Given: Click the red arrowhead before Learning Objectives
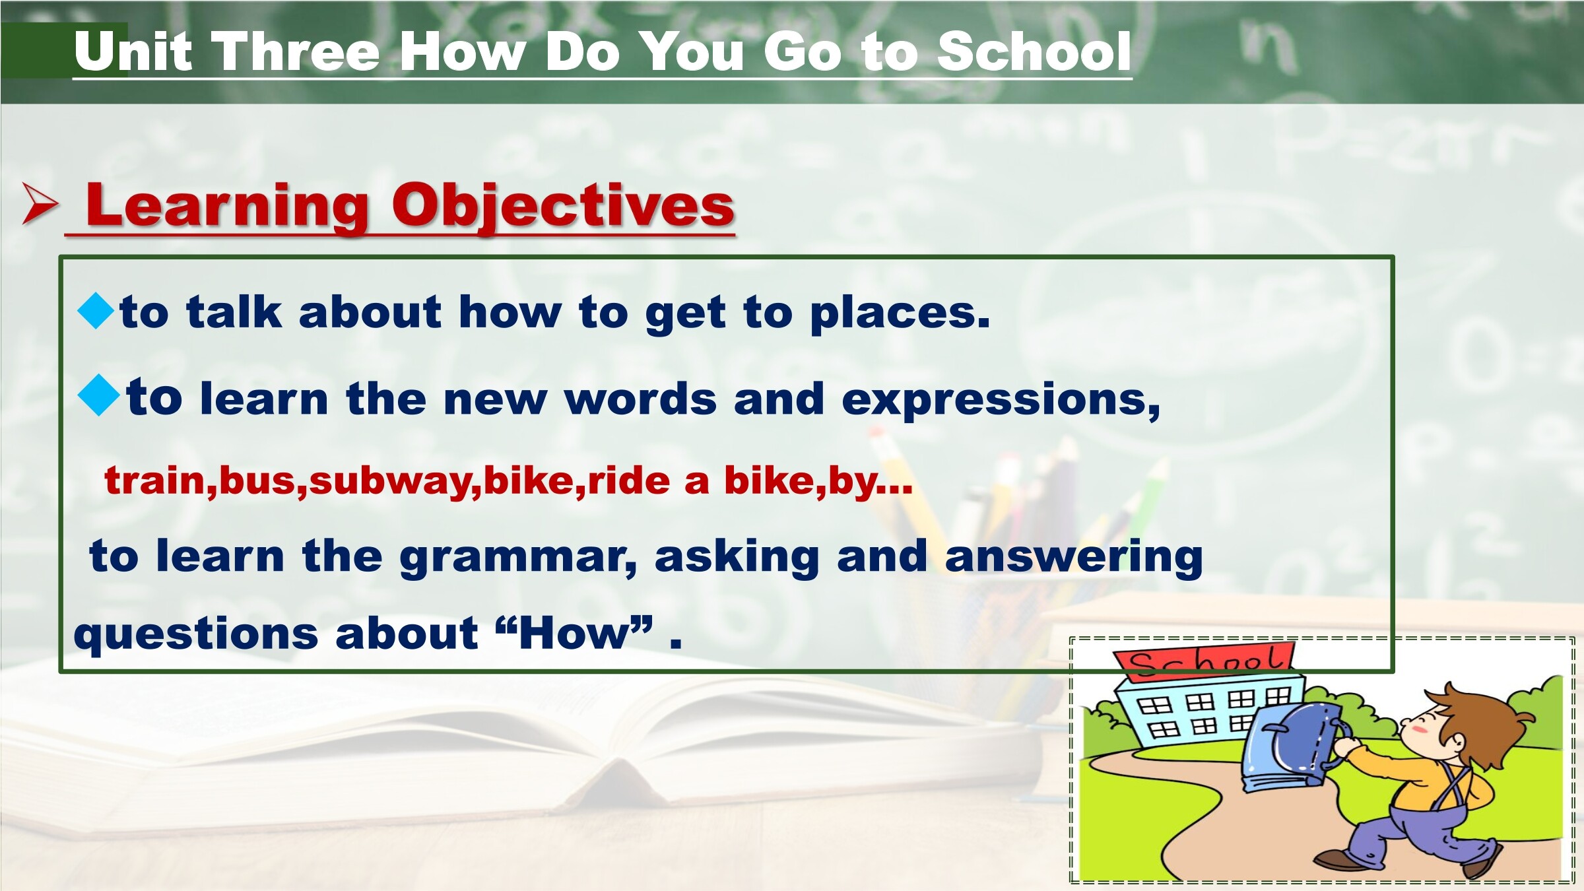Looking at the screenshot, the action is coord(40,204).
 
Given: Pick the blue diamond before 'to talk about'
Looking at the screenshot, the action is coord(96,311).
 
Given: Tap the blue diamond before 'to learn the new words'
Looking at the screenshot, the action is coord(98,395).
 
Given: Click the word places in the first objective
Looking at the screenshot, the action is coord(900,313).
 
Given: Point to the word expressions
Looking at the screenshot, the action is coord(1001,401).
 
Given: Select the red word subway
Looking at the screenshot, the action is coord(395,480).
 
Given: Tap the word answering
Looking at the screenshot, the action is coord(1074,557).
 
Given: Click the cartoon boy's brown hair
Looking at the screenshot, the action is coord(1478,719).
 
